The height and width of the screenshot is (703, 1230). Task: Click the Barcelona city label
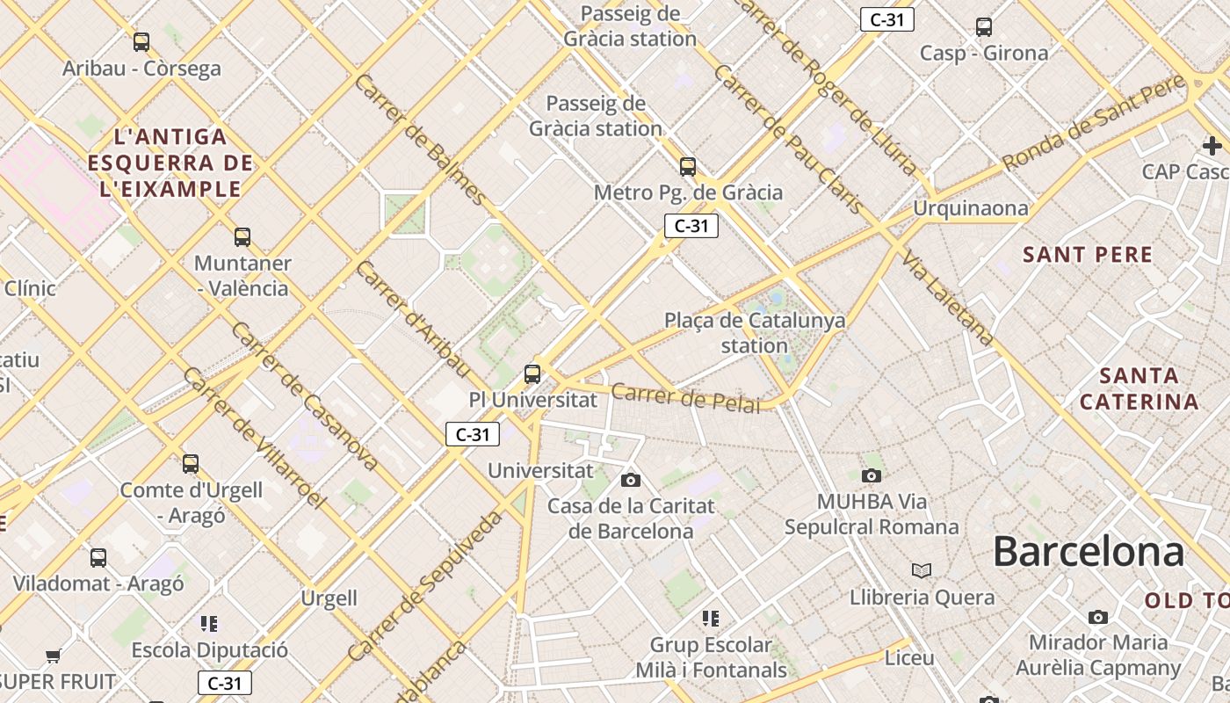pos(1088,552)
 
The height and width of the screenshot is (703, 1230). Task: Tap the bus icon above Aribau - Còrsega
pos(141,41)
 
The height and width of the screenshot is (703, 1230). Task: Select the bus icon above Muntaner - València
pos(242,236)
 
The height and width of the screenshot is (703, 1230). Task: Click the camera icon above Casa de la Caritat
pos(630,480)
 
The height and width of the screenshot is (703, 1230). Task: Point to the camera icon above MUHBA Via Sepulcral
pos(871,475)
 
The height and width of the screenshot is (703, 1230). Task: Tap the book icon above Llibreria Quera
pos(921,571)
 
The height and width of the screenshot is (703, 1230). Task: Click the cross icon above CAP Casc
pos(1212,145)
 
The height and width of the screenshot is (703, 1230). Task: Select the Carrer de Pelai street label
pos(685,398)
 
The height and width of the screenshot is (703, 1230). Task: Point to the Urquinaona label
pos(970,208)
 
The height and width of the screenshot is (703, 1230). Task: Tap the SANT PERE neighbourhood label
pos(1087,256)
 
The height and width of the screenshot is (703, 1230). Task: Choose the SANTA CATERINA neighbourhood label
pos(1139,389)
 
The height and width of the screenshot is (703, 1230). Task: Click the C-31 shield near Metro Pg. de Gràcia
pos(691,226)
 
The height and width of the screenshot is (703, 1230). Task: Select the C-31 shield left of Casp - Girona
pos(886,19)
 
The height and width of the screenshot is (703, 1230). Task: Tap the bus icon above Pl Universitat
pos(532,373)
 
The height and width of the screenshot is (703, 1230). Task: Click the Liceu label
pos(909,658)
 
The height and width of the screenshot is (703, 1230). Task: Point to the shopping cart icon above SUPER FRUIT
pos(54,656)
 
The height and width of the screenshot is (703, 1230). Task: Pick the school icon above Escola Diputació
pos(208,624)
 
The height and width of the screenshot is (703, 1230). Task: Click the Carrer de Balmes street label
pos(419,140)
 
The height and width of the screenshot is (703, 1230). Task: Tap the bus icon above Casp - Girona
pos(983,27)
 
